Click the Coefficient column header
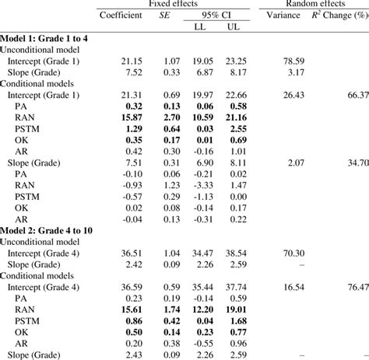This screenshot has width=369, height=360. click(121, 15)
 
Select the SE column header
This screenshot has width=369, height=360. click(164, 15)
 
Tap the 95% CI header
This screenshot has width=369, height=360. click(215, 15)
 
